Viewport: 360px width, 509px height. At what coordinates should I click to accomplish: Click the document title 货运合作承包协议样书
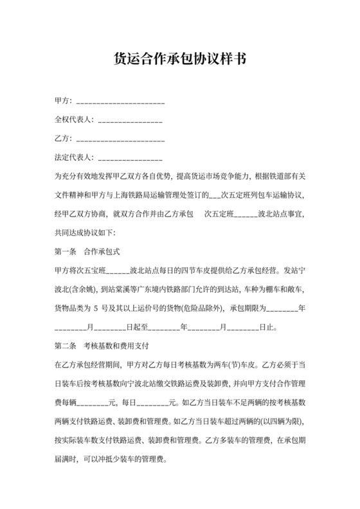(179, 60)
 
